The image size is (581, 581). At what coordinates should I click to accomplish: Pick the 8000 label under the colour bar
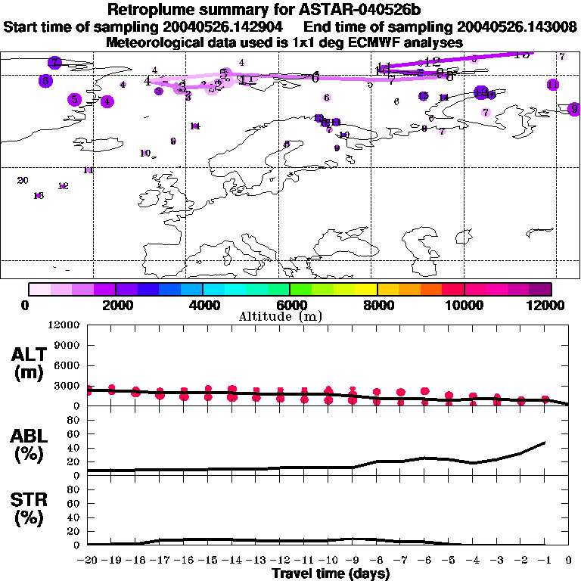[377, 305]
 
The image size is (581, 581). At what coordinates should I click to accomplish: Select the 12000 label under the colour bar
[548, 305]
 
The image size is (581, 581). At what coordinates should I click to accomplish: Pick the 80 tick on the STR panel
[76, 489]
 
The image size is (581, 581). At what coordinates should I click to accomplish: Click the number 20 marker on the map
[23, 180]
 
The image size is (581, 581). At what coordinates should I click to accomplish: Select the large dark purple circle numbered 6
[45, 80]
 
